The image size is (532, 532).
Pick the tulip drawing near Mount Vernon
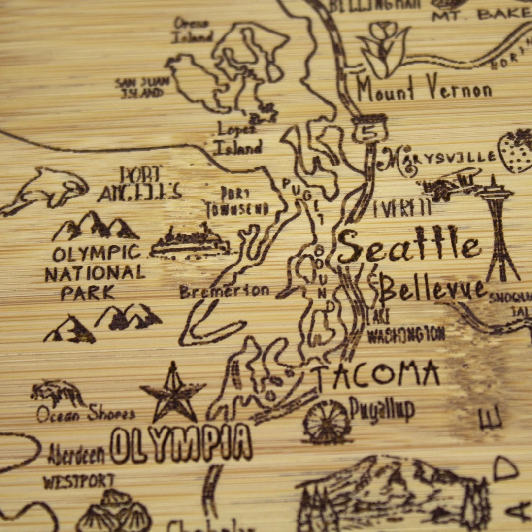384,49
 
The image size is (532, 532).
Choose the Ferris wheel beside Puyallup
327,422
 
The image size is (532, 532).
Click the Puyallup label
382,410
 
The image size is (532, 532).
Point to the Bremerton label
224,291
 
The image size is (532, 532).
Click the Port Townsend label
237,201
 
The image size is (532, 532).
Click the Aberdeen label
77,454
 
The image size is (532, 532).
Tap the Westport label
79,481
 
